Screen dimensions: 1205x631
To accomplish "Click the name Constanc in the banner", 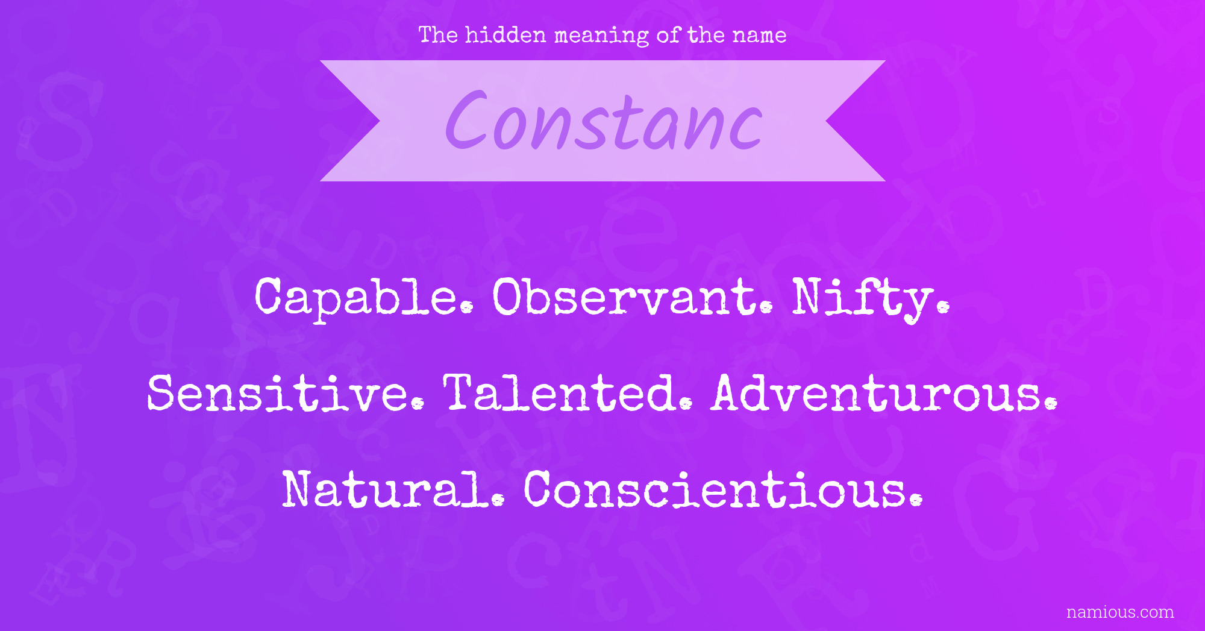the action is point(604,121).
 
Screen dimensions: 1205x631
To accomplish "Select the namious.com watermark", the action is point(1120,612).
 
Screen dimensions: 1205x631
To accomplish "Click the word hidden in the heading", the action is point(505,35).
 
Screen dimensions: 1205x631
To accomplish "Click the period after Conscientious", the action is point(916,500).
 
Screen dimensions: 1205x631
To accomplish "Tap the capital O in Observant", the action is point(512,297).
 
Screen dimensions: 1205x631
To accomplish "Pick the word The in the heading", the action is point(439,35).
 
